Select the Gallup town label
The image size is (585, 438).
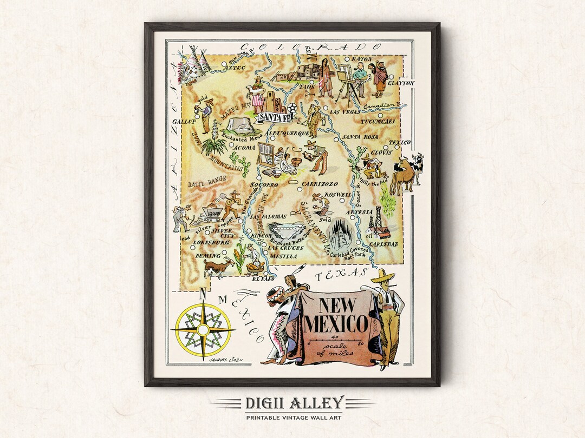pos(184,122)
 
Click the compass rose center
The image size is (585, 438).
pos(203,329)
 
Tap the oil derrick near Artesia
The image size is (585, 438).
pos(374,219)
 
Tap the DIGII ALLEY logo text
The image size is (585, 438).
pos(294,403)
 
